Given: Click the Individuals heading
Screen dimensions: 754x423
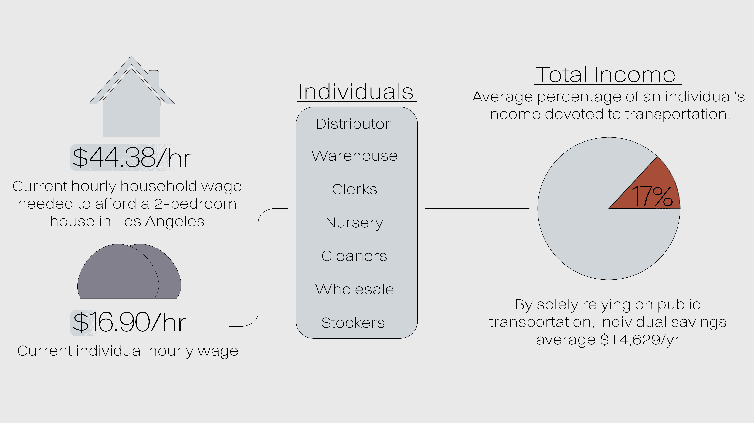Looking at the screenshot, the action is coord(356,92).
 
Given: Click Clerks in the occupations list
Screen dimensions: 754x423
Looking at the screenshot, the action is coord(355,189).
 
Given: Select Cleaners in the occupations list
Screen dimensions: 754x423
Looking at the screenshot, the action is coord(354,256).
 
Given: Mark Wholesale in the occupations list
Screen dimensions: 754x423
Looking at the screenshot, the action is coord(355,289).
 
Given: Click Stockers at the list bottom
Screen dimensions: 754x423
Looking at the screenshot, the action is coord(353,323).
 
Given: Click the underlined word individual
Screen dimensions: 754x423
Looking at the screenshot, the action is coord(110,351).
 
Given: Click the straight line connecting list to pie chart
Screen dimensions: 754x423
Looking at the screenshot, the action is coord(477,208).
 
